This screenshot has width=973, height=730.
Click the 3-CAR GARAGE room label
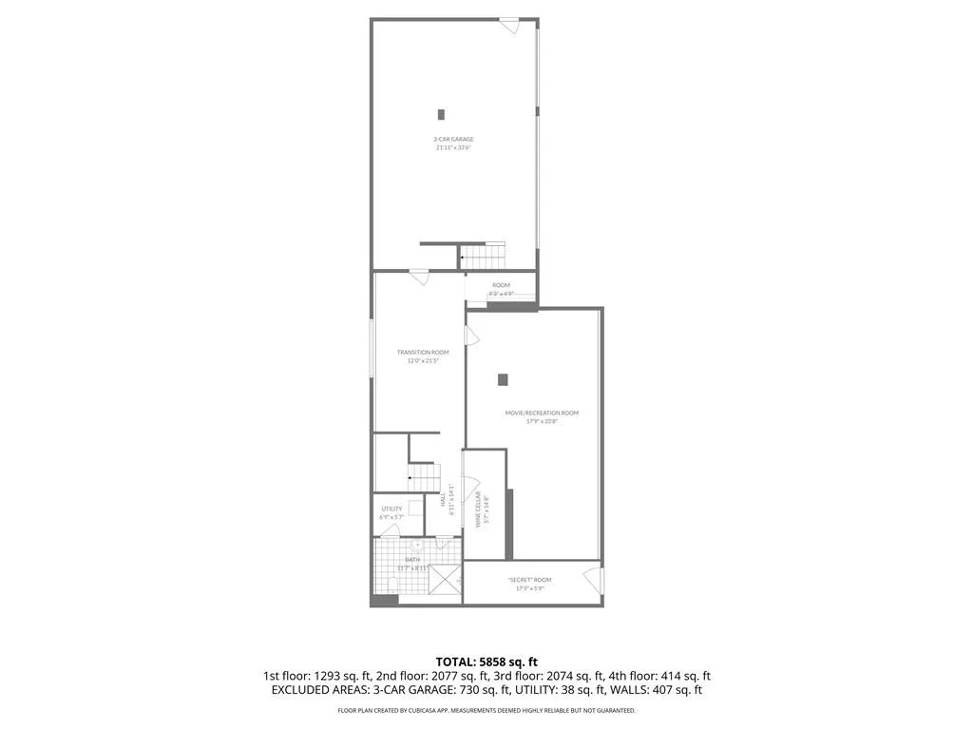pyautogui.click(x=453, y=139)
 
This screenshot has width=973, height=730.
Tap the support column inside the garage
pyautogui.click(x=441, y=114)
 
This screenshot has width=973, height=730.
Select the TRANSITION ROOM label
pyautogui.click(x=423, y=353)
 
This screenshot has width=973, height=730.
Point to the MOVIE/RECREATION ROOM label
pyautogui.click(x=542, y=413)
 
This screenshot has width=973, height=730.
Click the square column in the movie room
pyautogui.click(x=503, y=379)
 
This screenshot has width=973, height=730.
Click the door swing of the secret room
pyautogui.click(x=594, y=578)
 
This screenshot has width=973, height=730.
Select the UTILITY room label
pyautogui.click(x=391, y=509)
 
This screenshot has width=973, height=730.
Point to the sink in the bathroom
pyautogui.click(x=416, y=545)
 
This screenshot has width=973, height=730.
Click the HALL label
pyautogui.click(x=444, y=500)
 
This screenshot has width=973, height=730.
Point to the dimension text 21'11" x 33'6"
pyautogui.click(x=453, y=148)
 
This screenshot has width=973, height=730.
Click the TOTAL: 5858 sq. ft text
pyautogui.click(x=486, y=662)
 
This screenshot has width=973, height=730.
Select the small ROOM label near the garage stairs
pyautogui.click(x=501, y=285)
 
